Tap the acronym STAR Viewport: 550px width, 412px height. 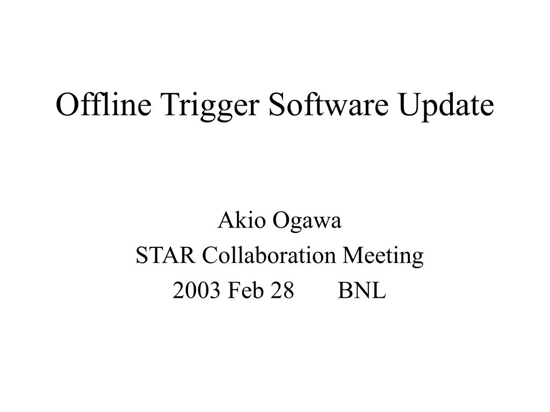pyautogui.click(x=166, y=256)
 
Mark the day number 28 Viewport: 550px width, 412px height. pyautogui.click(x=283, y=291)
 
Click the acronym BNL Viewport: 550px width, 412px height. pyautogui.click(x=362, y=291)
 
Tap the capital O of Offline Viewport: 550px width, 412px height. pyautogui.click(x=67, y=106)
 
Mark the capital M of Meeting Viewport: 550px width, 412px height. pyautogui.click(x=353, y=256)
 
